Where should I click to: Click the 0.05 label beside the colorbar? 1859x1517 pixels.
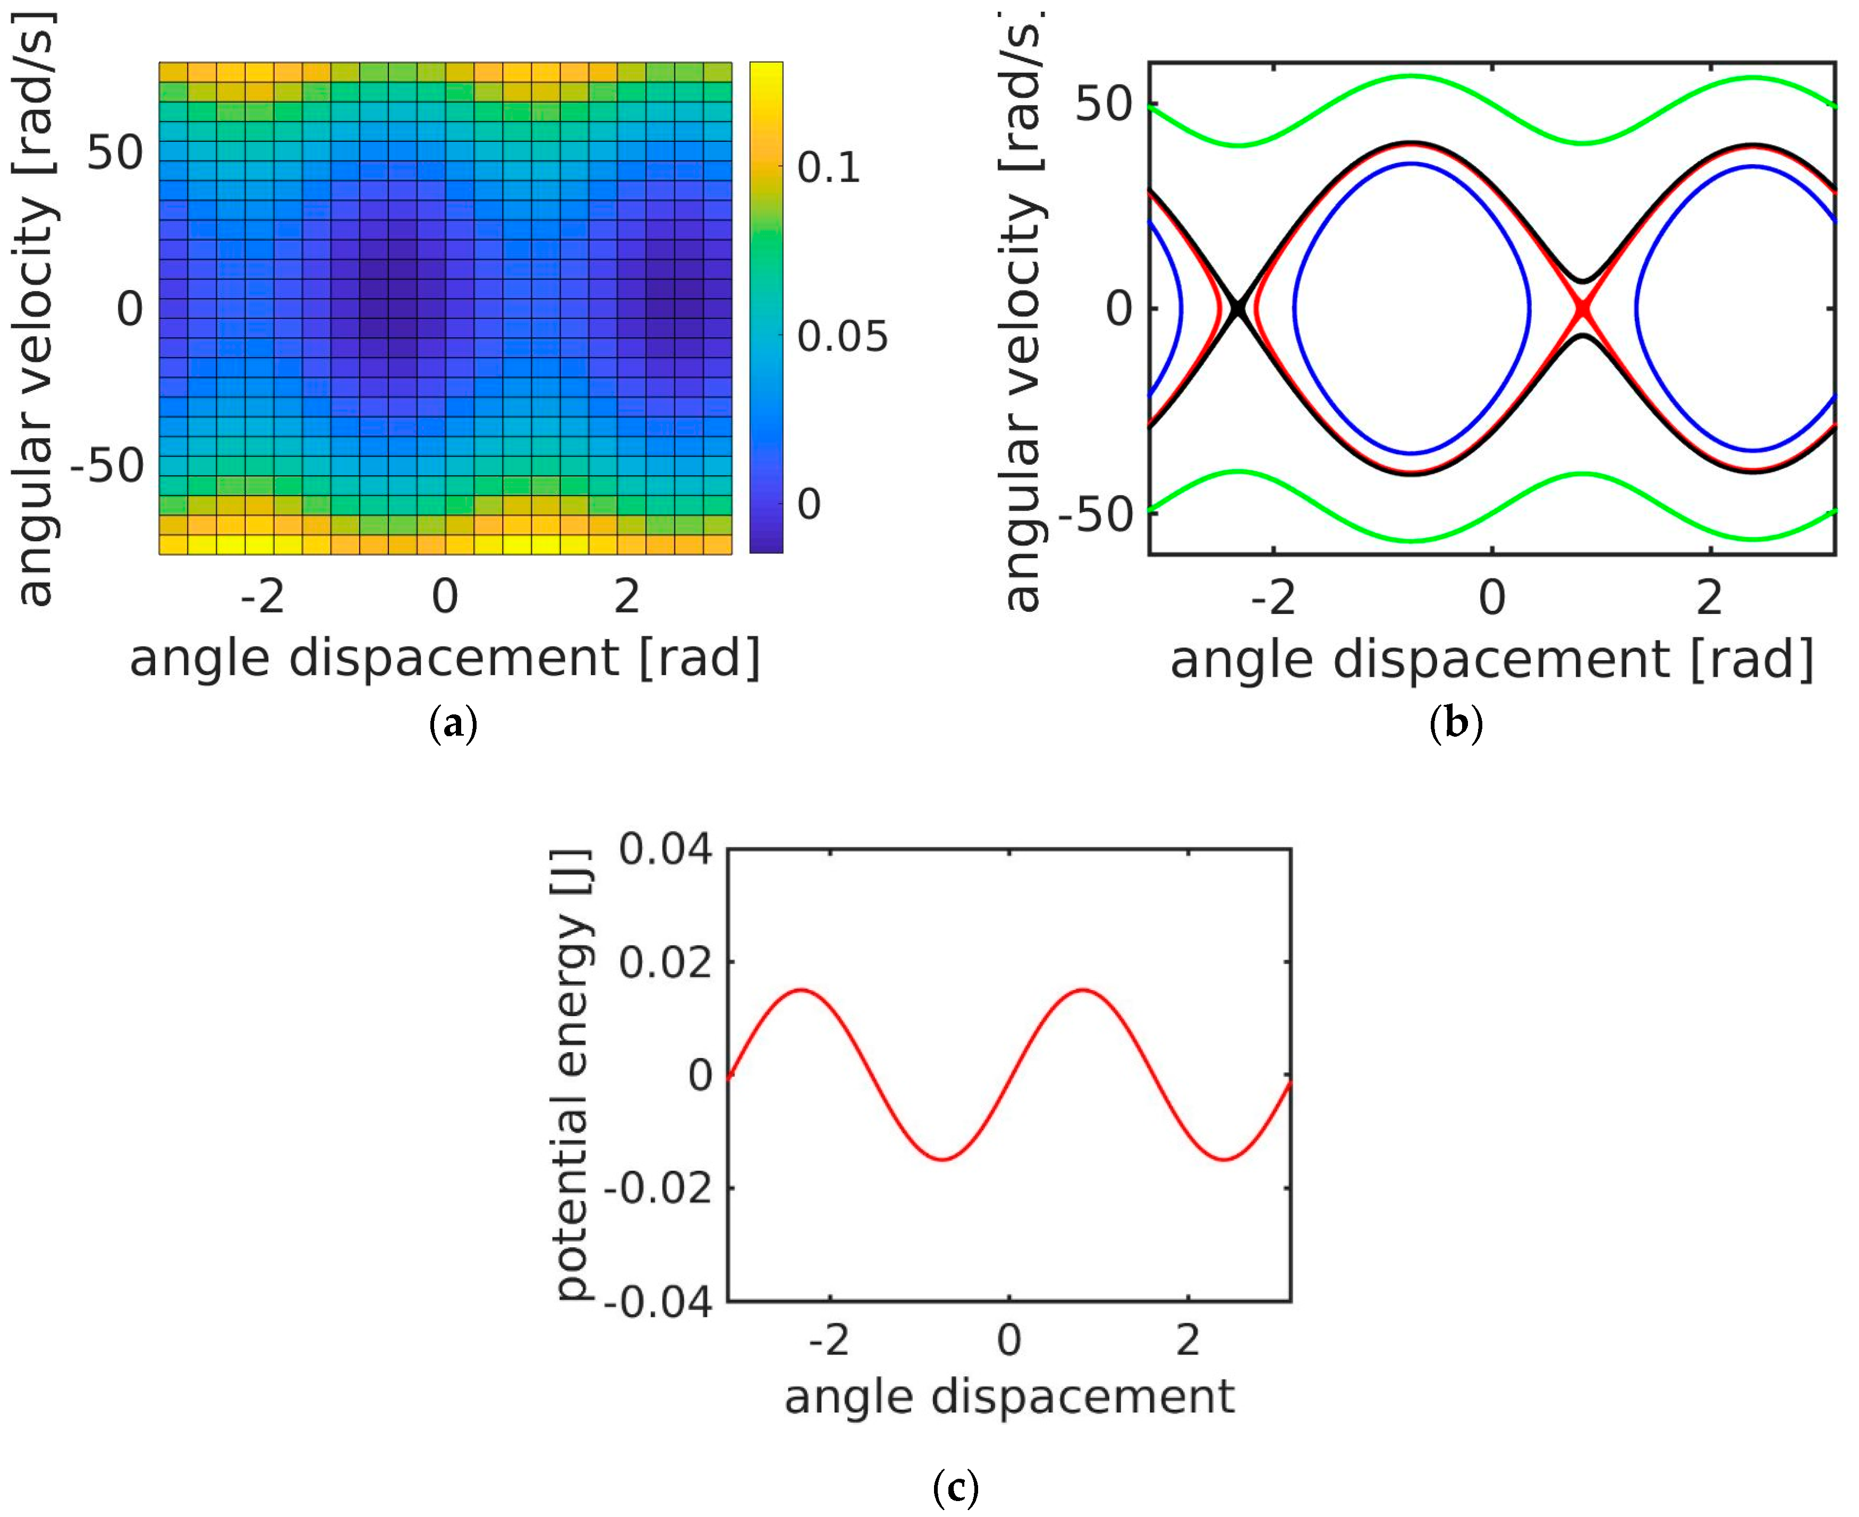[x=842, y=336]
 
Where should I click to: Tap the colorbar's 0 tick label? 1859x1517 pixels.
[x=809, y=504]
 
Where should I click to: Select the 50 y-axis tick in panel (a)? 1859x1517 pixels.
[x=115, y=153]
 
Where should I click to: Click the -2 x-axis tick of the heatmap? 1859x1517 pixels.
[x=262, y=597]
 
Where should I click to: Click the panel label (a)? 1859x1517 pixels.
[x=454, y=725]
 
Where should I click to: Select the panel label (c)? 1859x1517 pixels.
[x=955, y=1486]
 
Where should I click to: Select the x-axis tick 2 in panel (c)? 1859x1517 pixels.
[x=1187, y=1340]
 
